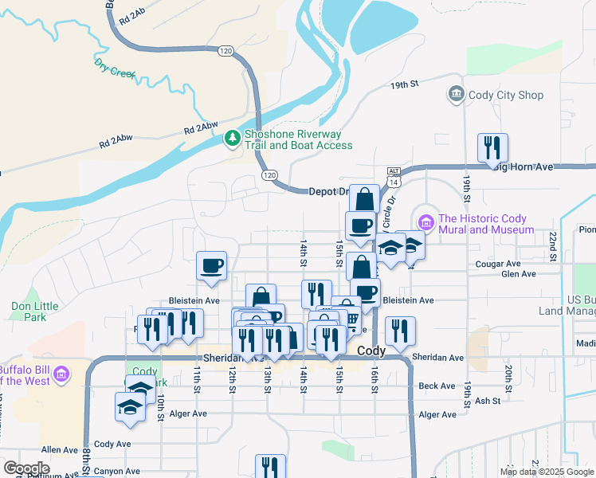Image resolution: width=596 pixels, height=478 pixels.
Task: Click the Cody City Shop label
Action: (506, 95)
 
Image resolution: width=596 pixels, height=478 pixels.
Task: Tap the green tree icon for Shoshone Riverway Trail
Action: (232, 139)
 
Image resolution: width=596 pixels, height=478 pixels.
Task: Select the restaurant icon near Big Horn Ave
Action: (492, 147)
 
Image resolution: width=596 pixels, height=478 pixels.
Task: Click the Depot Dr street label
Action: (329, 191)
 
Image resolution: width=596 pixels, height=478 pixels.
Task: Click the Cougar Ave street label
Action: (497, 263)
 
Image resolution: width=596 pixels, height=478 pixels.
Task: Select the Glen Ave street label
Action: (518, 274)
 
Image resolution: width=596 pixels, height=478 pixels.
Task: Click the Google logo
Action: (27, 468)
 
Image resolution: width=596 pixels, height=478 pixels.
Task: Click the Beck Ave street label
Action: (436, 386)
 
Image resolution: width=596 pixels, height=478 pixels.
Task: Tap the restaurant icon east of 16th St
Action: (399, 331)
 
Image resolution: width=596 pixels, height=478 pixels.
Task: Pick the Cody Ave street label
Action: (112, 444)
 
